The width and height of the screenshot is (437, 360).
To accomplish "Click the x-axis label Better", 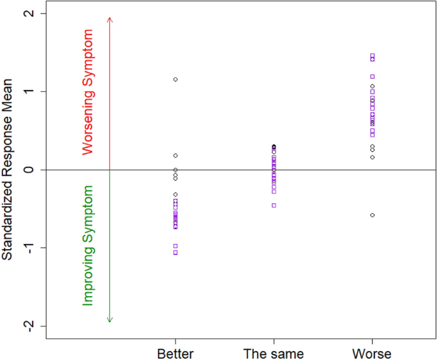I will click(175, 354).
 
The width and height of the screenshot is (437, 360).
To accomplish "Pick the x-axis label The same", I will click(274, 354).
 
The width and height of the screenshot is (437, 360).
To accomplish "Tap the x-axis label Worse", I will click(372, 354).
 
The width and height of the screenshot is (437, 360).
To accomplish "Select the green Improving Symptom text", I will click(90, 246).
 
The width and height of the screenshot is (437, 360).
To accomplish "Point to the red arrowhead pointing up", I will click(110, 19).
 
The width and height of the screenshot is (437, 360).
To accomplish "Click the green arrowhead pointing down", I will click(110, 320).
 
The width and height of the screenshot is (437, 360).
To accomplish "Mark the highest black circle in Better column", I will click(175, 80).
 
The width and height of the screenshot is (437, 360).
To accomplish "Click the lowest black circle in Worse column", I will click(372, 215).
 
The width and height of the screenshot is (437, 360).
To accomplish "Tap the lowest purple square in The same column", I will click(274, 206).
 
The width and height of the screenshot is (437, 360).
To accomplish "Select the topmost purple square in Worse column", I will click(372, 56).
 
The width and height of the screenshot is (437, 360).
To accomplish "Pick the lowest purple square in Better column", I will click(175, 253).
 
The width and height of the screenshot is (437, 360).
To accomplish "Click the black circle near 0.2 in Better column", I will click(175, 156).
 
